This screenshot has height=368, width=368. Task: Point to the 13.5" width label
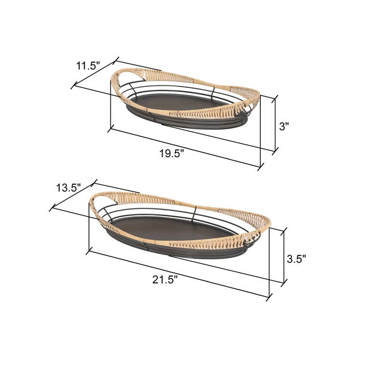(x=68, y=188)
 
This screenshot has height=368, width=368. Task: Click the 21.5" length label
(x=165, y=279)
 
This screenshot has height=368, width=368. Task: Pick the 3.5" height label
(x=296, y=259)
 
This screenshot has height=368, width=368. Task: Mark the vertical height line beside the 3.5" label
(x=284, y=256)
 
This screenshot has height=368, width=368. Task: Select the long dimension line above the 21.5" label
(x=179, y=273)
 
